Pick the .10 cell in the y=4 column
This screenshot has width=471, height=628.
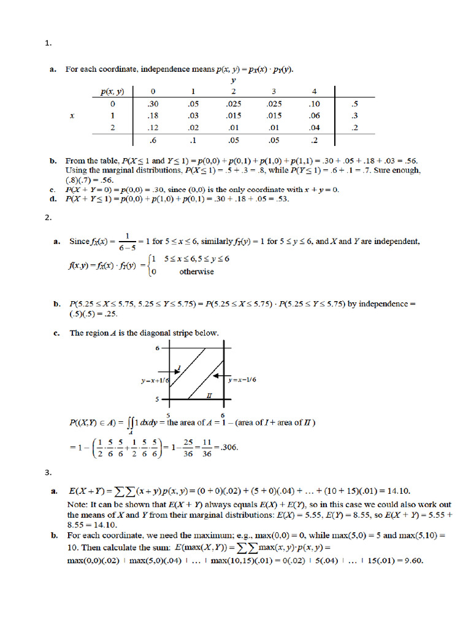pos(315,104)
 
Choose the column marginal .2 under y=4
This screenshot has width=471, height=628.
pos(315,140)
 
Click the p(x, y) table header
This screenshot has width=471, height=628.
pos(112,92)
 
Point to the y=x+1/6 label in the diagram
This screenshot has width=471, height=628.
pos(155,380)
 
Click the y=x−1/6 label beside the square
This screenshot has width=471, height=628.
pos(242,380)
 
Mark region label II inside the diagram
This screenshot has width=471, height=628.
pos(209,396)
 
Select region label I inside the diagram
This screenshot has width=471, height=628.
pos(178,368)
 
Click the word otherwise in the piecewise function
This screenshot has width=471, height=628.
pos(196,272)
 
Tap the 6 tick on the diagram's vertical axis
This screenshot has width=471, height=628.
pos(156,348)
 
